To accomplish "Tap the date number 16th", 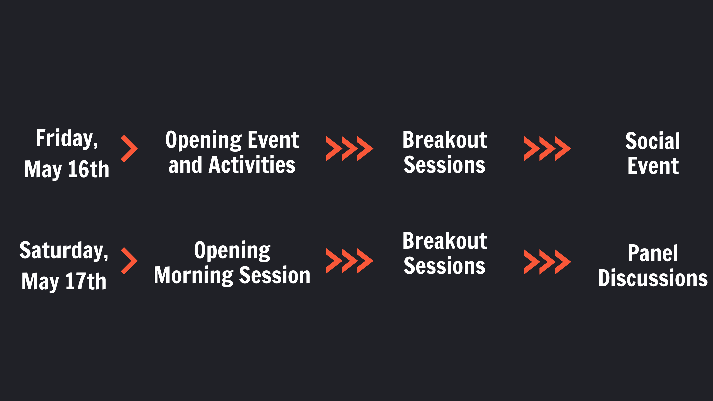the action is [89, 169].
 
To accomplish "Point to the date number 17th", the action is [86, 281].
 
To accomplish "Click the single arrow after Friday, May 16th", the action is [129, 149].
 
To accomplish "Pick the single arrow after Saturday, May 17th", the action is [129, 261].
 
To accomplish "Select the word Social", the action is [653, 141].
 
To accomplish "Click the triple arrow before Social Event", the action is [547, 149].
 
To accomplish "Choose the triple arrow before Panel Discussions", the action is [547, 262].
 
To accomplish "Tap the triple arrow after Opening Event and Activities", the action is [350, 149].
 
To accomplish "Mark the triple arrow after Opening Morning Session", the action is [350, 261].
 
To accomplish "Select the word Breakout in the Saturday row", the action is [445, 241].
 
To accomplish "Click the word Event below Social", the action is [653, 166].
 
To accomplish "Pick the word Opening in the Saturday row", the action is [232, 251].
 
